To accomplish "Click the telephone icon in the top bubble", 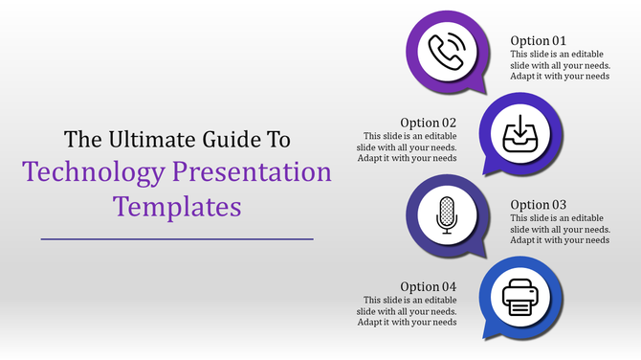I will (446, 51).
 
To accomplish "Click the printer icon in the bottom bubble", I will (517, 296).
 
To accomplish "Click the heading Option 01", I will (538, 40).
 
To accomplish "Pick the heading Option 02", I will (429, 123).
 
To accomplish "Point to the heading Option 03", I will (538, 204).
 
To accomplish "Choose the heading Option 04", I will (429, 286).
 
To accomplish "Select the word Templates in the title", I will (177, 206).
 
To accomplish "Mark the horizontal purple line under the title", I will (177, 238).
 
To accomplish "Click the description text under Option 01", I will (560, 65).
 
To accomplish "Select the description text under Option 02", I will (409, 146).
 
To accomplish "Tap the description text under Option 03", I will (560, 229).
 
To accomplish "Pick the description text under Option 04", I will (409, 310).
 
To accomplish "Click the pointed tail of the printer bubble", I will (488, 335).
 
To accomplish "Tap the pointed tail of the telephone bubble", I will (417, 90).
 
